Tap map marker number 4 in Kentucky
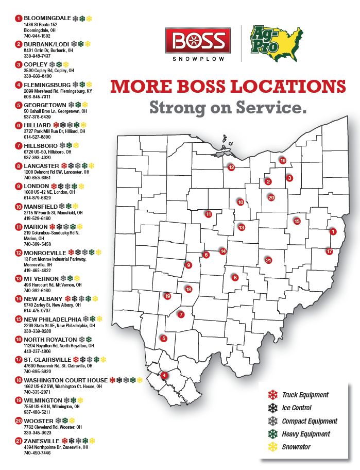[x=164, y=375]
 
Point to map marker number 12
[x=231, y=167]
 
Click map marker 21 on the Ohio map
[x=268, y=260]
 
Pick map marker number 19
[x=167, y=296]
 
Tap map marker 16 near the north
[x=283, y=160]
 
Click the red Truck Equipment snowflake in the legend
[x=271, y=395]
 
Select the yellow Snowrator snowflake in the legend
[x=271, y=447]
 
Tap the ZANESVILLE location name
[x=42, y=441]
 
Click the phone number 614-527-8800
[x=37, y=137]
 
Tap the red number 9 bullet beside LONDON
[x=19, y=186]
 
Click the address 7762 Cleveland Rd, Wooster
[x=53, y=427]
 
